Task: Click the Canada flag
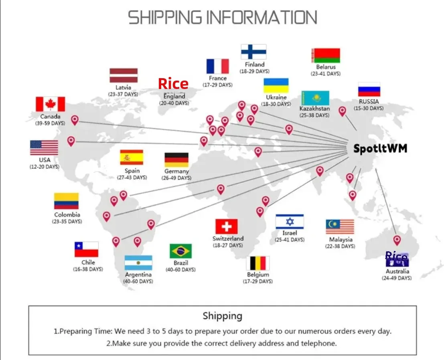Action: point(50,104)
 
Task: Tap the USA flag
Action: point(44,148)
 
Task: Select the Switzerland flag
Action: point(226,227)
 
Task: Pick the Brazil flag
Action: point(180,251)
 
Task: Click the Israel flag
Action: point(290,222)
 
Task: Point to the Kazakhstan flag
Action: point(315,98)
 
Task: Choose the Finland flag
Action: point(253,52)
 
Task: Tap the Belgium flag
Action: point(258,263)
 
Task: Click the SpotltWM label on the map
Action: point(380,149)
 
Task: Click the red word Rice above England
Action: point(173,84)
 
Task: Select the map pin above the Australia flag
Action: point(397,240)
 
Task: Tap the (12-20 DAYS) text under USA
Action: point(44,167)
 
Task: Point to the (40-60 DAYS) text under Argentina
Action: point(138,281)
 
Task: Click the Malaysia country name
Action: point(341,239)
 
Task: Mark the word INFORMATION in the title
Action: point(262,18)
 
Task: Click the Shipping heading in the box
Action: point(222,316)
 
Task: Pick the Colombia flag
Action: point(67,201)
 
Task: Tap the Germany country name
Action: point(176,171)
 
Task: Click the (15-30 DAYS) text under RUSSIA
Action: point(369,108)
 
